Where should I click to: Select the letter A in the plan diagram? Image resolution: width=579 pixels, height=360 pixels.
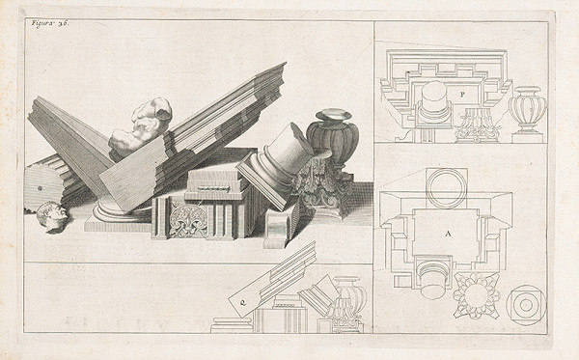(x=448, y=234)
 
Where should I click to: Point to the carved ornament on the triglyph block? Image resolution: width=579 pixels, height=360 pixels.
(x=185, y=221)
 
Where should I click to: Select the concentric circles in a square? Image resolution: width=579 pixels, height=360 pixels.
(x=524, y=302)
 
